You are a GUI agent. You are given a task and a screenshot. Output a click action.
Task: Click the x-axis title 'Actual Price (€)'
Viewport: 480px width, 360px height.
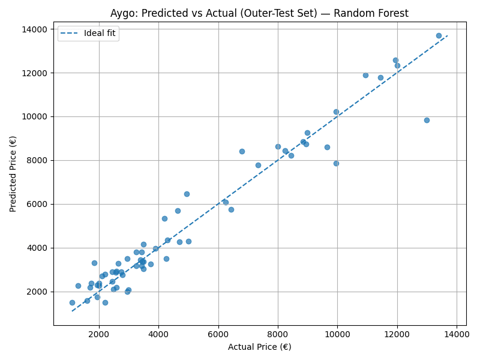260,347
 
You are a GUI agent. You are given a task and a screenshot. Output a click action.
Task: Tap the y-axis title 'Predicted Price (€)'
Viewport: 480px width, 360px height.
13,173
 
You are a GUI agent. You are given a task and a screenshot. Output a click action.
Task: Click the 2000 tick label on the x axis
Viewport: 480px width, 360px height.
99,334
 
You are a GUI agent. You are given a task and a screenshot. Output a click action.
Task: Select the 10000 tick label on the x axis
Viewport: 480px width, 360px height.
337,334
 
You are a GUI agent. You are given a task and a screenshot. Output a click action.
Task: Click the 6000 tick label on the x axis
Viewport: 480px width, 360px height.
218,334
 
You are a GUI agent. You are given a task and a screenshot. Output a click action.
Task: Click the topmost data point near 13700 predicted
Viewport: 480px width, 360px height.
439,35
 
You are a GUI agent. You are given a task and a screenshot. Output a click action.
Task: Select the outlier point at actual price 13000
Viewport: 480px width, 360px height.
427,120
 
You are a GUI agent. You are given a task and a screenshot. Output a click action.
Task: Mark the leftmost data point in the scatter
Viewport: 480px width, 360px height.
72,302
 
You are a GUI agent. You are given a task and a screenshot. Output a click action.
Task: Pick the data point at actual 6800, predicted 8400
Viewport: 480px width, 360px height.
242,151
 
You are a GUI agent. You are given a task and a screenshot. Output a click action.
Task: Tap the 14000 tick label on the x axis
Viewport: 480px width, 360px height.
457,334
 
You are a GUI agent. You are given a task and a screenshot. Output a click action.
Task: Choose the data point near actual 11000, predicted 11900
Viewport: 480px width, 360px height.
365,75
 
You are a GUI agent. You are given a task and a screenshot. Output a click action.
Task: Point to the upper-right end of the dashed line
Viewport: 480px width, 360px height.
448,35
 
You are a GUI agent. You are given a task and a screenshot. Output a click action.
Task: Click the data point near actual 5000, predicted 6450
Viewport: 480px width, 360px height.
187,194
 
